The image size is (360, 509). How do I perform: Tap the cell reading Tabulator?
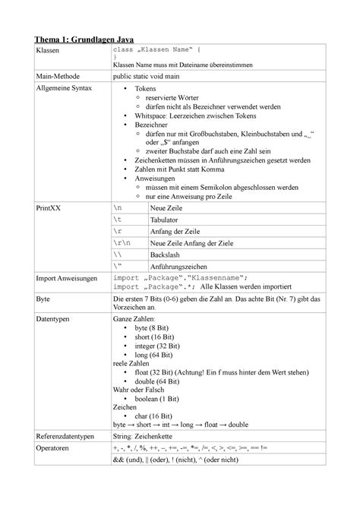169,219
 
